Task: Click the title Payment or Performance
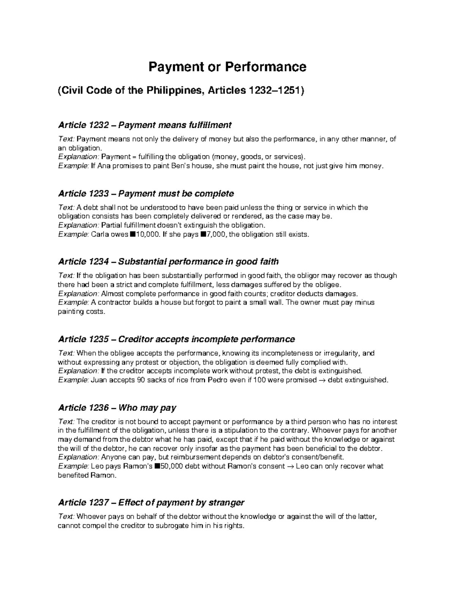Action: (227, 67)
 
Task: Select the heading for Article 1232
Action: (144, 125)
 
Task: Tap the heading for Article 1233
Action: (146, 193)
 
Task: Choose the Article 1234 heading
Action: (168, 262)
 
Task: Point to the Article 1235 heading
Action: (176, 339)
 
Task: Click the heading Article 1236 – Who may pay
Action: (117, 408)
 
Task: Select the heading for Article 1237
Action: (151, 503)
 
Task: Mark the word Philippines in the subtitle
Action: (174, 91)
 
